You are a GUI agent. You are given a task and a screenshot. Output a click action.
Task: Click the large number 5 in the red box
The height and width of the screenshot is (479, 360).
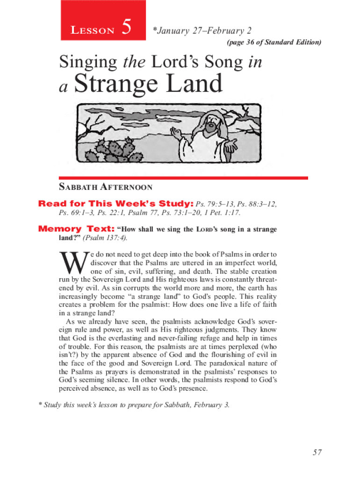125,29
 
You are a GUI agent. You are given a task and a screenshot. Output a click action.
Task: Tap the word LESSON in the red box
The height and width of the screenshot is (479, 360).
93,31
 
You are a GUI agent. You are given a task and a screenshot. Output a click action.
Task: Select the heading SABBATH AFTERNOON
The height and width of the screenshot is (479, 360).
106,187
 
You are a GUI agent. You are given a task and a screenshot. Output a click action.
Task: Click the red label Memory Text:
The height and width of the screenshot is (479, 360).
76,229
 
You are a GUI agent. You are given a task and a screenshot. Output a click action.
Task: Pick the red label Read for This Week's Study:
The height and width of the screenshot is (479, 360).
115,203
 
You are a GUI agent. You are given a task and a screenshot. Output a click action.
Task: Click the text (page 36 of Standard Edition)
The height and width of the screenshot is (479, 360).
274,43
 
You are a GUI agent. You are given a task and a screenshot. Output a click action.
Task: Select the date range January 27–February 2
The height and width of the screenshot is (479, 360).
204,31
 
